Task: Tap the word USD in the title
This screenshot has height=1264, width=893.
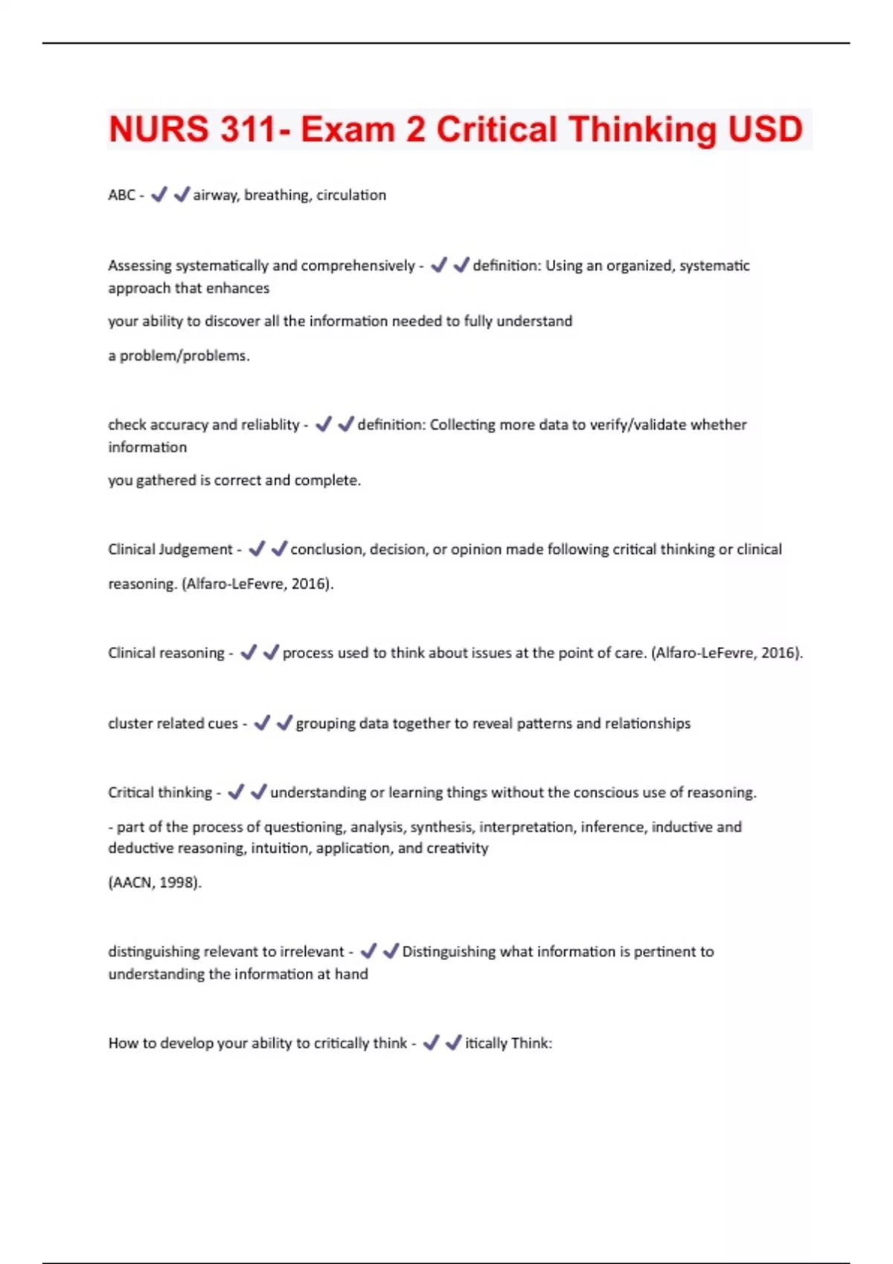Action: coord(765,129)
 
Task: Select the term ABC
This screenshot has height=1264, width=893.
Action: coord(121,195)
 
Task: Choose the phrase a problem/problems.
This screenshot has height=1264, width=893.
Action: coord(179,355)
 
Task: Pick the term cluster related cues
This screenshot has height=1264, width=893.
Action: coord(173,723)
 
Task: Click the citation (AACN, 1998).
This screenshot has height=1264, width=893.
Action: coord(155,883)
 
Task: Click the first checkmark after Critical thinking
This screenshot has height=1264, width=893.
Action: coord(236,793)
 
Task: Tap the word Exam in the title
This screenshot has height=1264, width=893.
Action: coord(348,129)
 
